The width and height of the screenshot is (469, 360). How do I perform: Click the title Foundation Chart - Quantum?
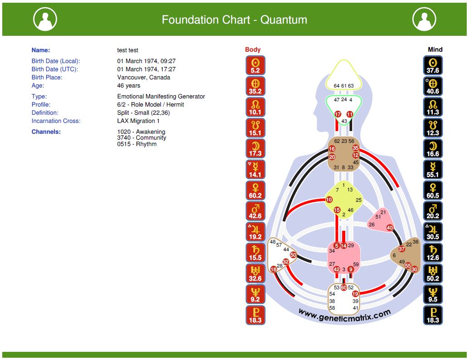pos(234,20)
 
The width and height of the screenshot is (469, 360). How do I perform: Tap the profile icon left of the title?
pos(45,19)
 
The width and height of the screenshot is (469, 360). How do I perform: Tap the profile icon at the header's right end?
pos(424,19)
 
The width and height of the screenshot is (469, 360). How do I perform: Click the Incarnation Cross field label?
pos(56,121)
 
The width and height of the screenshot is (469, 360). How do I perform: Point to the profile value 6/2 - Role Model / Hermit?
pos(150,105)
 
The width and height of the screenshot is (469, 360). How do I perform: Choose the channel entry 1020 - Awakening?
pos(141,132)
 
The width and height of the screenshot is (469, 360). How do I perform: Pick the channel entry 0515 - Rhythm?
pos(137,144)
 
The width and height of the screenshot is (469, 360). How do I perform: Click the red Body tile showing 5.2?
pos(255,65)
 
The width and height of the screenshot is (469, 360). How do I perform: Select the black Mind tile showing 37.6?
pos(433,65)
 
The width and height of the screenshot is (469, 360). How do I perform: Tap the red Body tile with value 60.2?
pos(255,190)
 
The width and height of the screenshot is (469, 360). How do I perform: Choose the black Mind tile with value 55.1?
pos(433,170)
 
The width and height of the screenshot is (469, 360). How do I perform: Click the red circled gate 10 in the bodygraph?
pos(329,200)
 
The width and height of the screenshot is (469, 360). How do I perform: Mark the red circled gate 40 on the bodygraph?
pos(390,228)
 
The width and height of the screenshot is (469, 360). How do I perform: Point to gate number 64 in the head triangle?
pos(337,86)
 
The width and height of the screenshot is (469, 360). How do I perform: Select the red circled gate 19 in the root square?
pos(355,294)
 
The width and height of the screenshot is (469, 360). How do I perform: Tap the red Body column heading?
pos(253,50)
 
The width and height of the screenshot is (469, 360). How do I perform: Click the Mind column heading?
pos(435,50)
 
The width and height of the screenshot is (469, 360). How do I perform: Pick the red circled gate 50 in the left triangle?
pos(293,255)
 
